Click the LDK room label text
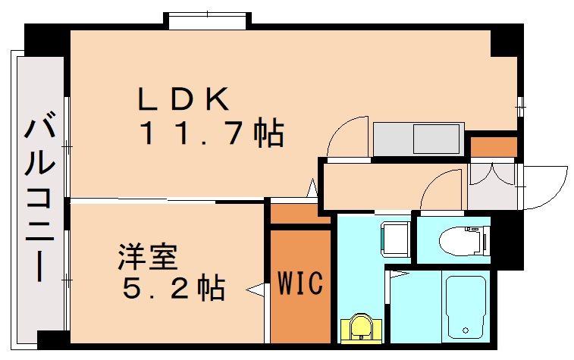click(183, 98)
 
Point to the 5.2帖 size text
click(170, 287)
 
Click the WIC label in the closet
click(300, 283)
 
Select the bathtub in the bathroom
click(466, 306)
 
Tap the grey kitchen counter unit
click(417, 139)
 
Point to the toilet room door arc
click(441, 189)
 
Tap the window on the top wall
click(209, 20)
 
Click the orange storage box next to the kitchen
click(493, 146)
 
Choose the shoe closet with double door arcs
click(491, 184)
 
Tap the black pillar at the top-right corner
click(507, 42)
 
